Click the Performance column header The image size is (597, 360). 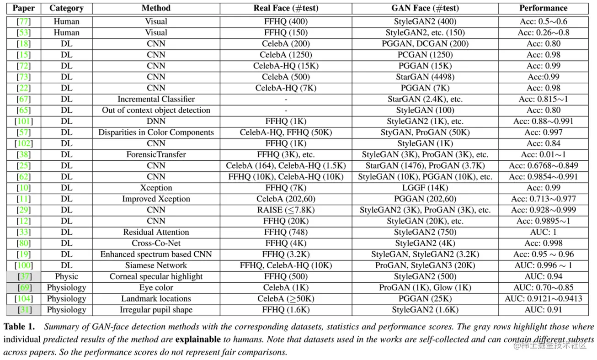[543, 8]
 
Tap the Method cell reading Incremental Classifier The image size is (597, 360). [156, 99]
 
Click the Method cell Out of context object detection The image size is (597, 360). [156, 110]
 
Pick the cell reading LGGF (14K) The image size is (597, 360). [425, 188]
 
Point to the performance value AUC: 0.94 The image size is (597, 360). [543, 276]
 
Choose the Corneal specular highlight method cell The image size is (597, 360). [156, 276]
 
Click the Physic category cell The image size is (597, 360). [66, 276]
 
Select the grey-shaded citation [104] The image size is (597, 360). [23, 299]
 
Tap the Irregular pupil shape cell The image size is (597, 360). [156, 310]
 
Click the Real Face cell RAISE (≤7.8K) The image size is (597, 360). [286, 210]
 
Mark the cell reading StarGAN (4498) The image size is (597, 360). [425, 77]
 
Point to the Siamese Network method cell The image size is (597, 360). [156, 265]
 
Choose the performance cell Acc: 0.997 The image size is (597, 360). [543, 132]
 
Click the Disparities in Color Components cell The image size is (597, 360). [156, 132]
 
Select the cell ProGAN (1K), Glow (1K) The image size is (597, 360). [425, 288]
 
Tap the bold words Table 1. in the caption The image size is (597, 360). [19, 327]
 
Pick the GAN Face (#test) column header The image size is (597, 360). [425, 8]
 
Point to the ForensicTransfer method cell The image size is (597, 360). [156, 154]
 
